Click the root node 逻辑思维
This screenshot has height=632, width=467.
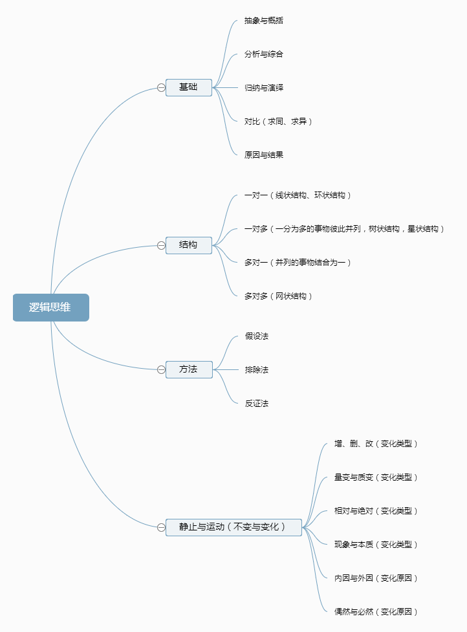[50, 307]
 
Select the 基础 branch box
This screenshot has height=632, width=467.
[188, 87]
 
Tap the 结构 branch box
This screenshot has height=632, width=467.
[188, 245]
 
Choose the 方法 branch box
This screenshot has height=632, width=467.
[188, 369]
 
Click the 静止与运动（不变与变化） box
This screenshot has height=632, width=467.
[234, 527]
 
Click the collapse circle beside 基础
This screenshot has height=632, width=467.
[161, 87]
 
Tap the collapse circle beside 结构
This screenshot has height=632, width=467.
[161, 245]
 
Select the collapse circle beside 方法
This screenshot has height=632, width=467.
[161, 369]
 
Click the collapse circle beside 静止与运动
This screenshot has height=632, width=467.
[161, 527]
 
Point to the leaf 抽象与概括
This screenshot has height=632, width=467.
[264, 21]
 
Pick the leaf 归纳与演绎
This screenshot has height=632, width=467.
[264, 87]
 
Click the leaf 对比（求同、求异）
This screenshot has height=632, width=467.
[279, 121]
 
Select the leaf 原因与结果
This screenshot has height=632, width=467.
[264, 155]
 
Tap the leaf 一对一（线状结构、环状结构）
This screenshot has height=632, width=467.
[298, 195]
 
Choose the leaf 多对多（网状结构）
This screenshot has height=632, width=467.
[279, 296]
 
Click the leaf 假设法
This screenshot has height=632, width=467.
[256, 336]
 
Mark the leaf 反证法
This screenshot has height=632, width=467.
[256, 404]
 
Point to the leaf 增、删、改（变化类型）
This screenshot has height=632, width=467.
[376, 444]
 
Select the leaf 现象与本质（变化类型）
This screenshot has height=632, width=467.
[376, 545]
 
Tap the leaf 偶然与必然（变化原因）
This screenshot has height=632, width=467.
[376, 612]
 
